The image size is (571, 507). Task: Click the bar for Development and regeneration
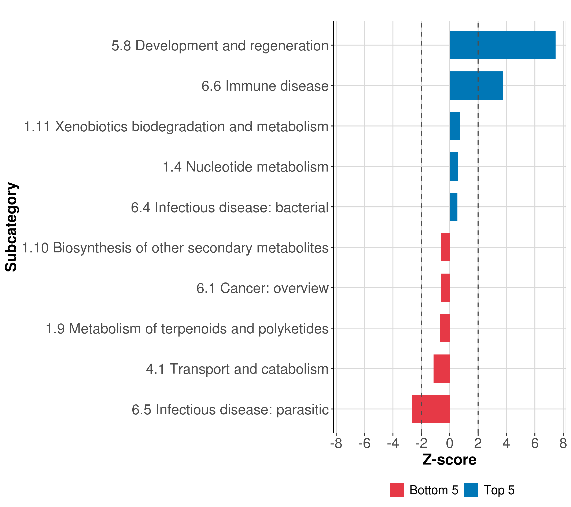click(502, 45)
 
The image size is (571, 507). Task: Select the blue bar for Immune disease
click(476, 86)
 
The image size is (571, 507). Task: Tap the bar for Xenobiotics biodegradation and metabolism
click(454, 126)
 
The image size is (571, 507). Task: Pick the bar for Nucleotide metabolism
click(454, 167)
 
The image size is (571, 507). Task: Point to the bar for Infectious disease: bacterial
click(453, 207)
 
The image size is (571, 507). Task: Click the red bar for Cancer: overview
click(445, 288)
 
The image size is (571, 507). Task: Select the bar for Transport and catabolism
click(441, 369)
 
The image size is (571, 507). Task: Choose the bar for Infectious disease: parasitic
click(431, 409)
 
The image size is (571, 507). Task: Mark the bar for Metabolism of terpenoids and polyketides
click(445, 328)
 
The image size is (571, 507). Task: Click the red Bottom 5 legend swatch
click(397, 490)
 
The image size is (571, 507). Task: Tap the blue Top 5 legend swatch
click(471, 490)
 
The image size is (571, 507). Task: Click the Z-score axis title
click(449, 459)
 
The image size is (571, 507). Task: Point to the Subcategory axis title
click(11, 227)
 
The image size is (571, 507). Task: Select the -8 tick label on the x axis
click(336, 443)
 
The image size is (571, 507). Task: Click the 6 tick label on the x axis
click(535, 443)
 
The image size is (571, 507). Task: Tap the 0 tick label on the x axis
click(449, 443)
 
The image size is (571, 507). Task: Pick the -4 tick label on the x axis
click(393, 443)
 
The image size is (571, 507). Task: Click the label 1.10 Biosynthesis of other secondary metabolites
click(175, 248)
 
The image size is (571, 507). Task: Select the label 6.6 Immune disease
click(265, 86)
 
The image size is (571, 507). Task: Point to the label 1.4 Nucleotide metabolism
click(245, 167)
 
